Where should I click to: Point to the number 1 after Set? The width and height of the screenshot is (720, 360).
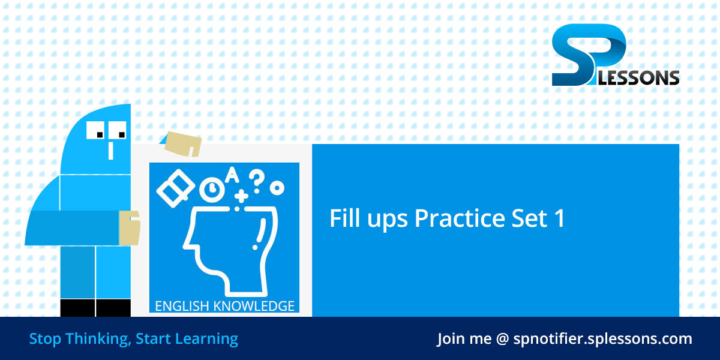pyautogui.click(x=559, y=219)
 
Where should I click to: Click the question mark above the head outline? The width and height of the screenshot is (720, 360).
pyautogui.click(x=257, y=178)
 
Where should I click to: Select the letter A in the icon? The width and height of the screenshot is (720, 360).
pyautogui.click(x=232, y=175)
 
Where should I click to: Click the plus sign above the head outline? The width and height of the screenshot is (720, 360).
pyautogui.click(x=241, y=196)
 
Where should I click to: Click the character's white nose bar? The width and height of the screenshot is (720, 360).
pyautogui.click(x=110, y=149)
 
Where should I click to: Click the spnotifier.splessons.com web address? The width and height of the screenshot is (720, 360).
pyautogui.click(x=602, y=339)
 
